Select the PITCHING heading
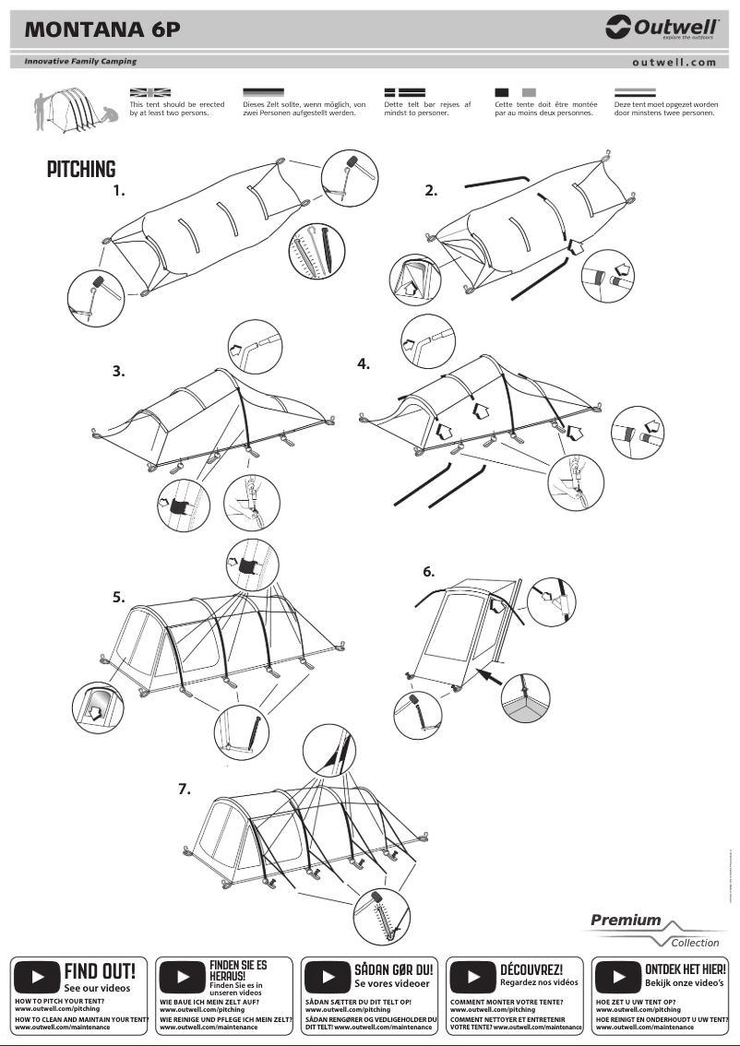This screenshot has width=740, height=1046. (x=82, y=170)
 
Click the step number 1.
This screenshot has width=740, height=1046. (x=118, y=192)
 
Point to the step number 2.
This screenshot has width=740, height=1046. (x=431, y=191)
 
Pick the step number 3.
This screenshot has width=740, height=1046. (x=118, y=372)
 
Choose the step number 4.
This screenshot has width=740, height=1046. (x=364, y=363)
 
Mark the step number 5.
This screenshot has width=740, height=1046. (x=119, y=597)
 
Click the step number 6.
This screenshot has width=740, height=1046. (x=429, y=572)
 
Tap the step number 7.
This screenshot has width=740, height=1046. (x=185, y=789)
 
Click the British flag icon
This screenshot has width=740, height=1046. (x=150, y=92)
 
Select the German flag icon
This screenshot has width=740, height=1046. (x=263, y=92)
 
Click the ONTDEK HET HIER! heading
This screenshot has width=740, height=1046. (x=685, y=969)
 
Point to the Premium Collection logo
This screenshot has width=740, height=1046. (x=655, y=930)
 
